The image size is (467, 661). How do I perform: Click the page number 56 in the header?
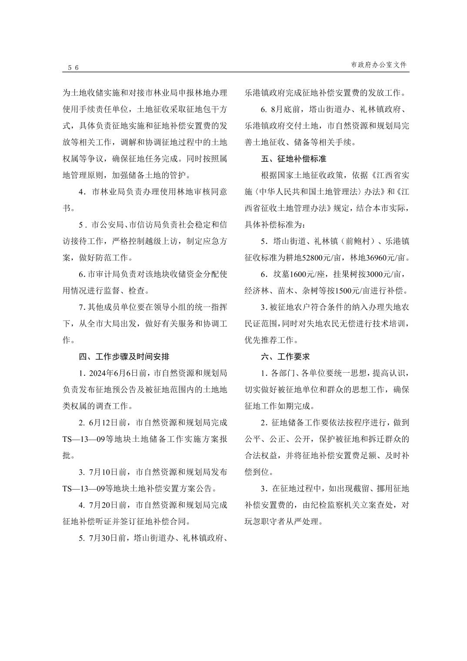tap(73, 68)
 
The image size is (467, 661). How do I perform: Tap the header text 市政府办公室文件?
tap(379, 65)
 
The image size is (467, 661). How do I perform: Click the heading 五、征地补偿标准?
tap(294, 159)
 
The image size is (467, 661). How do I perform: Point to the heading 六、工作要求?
tap(285, 357)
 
